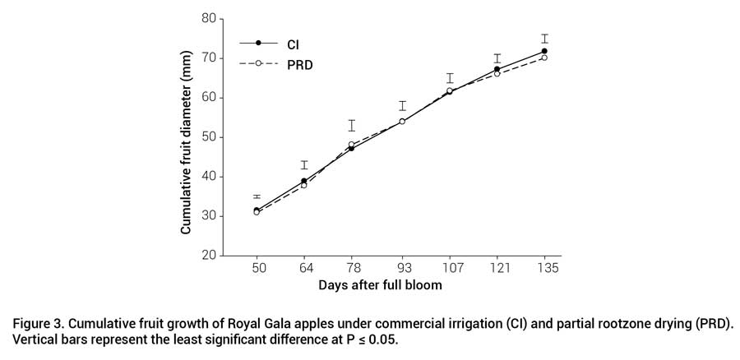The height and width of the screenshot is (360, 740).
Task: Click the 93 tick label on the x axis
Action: click(x=402, y=269)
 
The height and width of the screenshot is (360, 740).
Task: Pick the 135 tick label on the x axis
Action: click(x=544, y=269)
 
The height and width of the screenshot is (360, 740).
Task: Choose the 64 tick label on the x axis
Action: click(x=304, y=269)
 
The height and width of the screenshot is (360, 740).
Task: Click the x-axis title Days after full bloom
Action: click(x=380, y=285)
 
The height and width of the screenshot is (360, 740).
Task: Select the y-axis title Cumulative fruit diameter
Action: click(x=187, y=136)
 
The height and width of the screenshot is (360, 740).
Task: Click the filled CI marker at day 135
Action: click(x=544, y=51)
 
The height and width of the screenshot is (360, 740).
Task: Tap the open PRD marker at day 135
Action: click(x=544, y=58)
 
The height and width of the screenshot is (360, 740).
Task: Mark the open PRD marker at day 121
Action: click(x=497, y=74)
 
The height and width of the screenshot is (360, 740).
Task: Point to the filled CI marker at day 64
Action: click(x=304, y=181)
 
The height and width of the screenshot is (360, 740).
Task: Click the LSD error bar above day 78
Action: click(x=352, y=125)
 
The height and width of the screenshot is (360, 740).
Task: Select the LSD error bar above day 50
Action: click(x=257, y=196)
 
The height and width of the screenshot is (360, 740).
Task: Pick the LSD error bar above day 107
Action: click(x=450, y=78)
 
